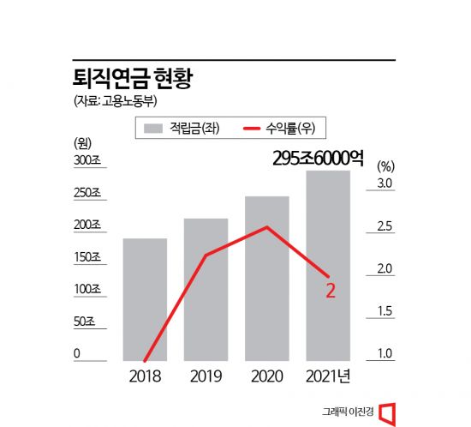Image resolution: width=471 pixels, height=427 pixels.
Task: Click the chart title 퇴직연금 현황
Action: pyautogui.click(x=134, y=80)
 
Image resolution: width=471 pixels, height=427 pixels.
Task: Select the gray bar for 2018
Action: pyautogui.click(x=145, y=300)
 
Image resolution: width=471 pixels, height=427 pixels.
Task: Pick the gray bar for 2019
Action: pyautogui.click(x=206, y=292)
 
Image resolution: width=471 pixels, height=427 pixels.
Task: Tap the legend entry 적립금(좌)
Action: pyautogui.click(x=181, y=129)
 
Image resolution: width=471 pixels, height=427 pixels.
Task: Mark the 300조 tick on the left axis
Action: pyautogui.click(x=88, y=160)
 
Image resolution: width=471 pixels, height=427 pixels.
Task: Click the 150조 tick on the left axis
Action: pyautogui.click(x=88, y=257)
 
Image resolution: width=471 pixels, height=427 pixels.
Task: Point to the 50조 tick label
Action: pyautogui.click(x=86, y=322)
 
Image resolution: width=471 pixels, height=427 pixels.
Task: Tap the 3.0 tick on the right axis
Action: pyautogui.click(x=385, y=184)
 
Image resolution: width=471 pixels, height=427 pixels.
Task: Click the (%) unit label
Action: pyautogui.click(x=385, y=165)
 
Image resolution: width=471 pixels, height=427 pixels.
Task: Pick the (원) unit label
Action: pyautogui.click(x=83, y=142)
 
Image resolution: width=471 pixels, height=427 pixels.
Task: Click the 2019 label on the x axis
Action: pyautogui.click(x=206, y=376)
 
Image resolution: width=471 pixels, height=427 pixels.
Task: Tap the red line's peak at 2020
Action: pyautogui.click(x=267, y=227)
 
